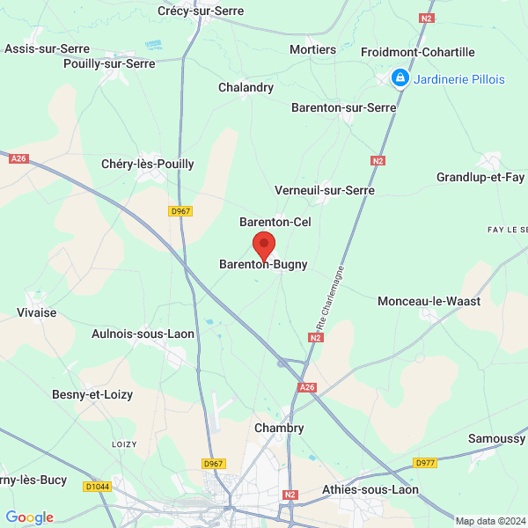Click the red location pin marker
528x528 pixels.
(x=264, y=245)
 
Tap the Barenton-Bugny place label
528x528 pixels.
(x=263, y=264)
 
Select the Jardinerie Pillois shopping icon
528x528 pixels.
(x=400, y=79)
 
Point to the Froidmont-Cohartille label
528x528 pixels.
(x=418, y=53)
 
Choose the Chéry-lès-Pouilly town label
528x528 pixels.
(x=148, y=164)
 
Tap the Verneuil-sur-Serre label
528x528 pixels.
(x=325, y=190)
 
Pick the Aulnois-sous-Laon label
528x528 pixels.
(x=143, y=334)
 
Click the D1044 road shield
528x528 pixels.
(x=98, y=487)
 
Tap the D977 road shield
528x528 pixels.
(x=426, y=463)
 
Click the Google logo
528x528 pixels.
(x=29, y=517)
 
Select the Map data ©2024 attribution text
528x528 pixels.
(x=490, y=521)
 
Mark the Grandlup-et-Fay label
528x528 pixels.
(x=480, y=178)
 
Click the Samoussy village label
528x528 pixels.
(x=496, y=437)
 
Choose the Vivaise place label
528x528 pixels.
(x=36, y=313)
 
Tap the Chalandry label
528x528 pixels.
(x=246, y=87)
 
